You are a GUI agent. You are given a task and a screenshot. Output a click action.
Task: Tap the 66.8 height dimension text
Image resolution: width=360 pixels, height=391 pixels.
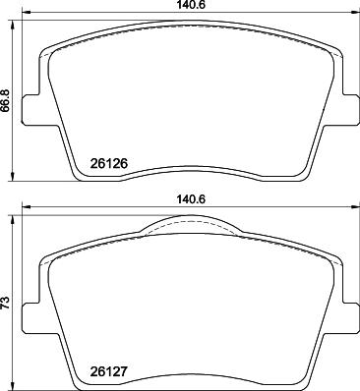6,101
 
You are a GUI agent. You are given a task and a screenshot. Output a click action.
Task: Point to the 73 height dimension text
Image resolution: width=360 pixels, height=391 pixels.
6,303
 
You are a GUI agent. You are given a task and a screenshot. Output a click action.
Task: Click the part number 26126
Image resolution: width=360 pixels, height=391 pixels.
108,163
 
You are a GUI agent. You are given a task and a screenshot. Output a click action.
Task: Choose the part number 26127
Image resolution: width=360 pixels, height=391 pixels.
108,371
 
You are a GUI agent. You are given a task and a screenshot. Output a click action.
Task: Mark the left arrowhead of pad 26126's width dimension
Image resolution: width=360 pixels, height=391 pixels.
26,13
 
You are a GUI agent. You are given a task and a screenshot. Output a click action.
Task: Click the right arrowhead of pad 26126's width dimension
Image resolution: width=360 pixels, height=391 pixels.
355,13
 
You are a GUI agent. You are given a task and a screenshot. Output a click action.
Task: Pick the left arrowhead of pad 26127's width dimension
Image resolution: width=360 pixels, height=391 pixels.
26,206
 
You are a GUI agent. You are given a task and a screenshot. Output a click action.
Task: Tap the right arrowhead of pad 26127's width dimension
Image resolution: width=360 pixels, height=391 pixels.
355,206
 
